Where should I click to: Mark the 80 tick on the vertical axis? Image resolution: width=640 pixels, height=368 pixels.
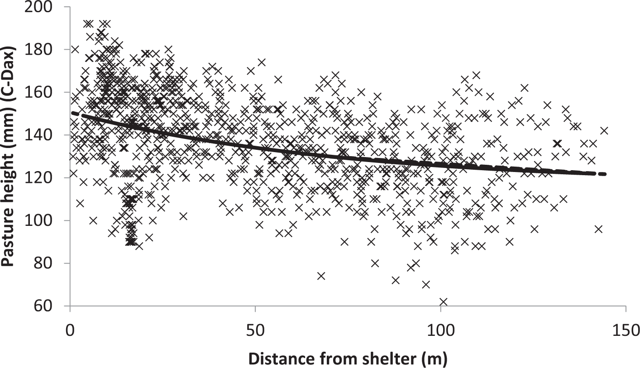pos(52,263)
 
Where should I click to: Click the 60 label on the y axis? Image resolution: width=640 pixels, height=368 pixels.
pos(52,306)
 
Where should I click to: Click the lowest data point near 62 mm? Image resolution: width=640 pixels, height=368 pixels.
pos(444,302)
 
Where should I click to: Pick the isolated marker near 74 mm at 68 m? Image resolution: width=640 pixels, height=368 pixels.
pos(321,276)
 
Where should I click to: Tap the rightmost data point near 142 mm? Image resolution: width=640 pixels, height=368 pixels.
pos(604,131)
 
